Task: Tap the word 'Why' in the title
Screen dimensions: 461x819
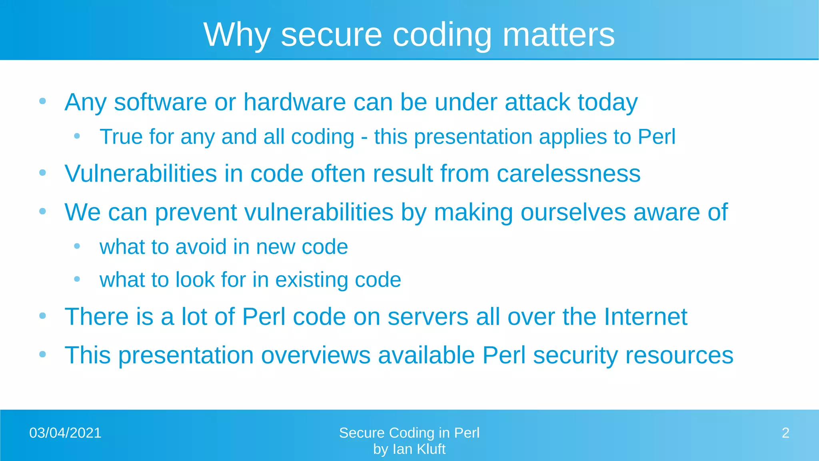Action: (237, 35)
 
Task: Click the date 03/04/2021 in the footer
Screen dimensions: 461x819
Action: (65, 433)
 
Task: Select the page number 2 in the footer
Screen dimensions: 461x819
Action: (785, 433)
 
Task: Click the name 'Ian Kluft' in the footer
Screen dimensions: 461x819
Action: (419, 449)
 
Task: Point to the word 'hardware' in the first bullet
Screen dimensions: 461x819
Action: (294, 102)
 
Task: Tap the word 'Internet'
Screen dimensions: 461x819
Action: (645, 317)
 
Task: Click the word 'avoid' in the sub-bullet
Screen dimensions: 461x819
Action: (201, 247)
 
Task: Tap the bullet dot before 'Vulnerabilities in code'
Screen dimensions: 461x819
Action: (43, 173)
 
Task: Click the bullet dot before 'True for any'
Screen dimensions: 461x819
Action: (77, 136)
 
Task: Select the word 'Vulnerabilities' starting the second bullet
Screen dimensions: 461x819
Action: (141, 174)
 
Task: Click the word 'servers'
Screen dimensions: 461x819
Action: (427, 317)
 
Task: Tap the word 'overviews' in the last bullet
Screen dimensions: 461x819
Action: (316, 355)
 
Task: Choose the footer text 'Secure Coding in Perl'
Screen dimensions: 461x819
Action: (409, 433)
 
